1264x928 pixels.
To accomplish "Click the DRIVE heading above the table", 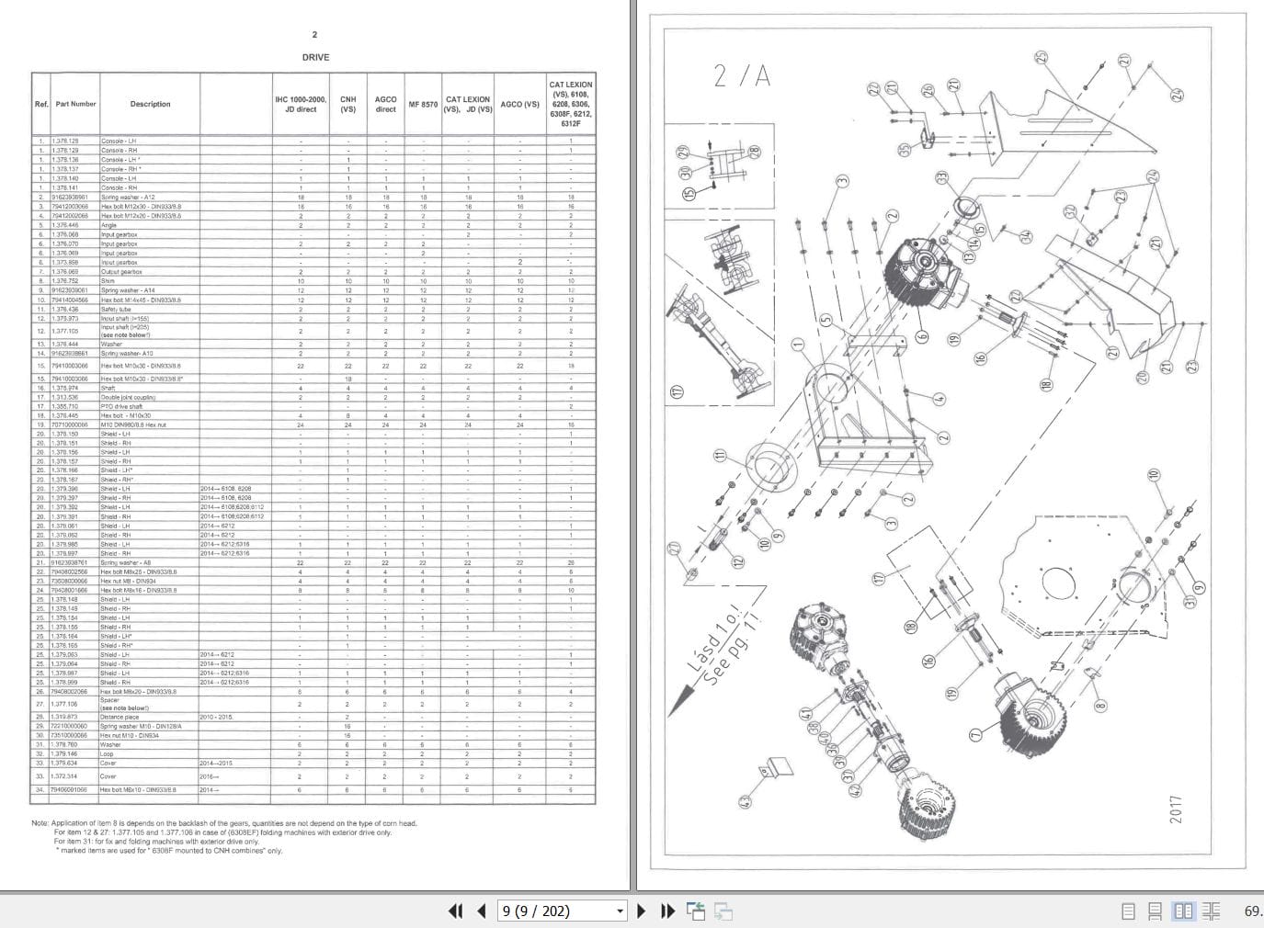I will [x=315, y=57].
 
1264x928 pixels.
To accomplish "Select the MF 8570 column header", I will [x=423, y=105].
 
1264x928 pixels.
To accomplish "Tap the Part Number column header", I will [x=75, y=104].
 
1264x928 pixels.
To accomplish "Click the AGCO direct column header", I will [x=385, y=104].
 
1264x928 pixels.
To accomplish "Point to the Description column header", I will [x=150, y=104].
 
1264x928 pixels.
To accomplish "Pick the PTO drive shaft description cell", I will [x=121, y=406].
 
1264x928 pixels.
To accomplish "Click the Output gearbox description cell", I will [x=121, y=272].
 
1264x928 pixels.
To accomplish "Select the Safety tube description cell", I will [x=117, y=310].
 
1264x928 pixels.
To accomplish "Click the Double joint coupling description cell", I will [x=128, y=397].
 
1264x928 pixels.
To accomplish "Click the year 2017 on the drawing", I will [x=1177, y=809].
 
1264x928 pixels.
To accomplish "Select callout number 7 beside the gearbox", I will [x=974, y=735].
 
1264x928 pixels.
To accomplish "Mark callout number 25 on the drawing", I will [x=1041, y=59].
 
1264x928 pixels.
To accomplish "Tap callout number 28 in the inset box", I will [x=755, y=153].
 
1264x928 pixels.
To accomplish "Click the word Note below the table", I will [x=40, y=823].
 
